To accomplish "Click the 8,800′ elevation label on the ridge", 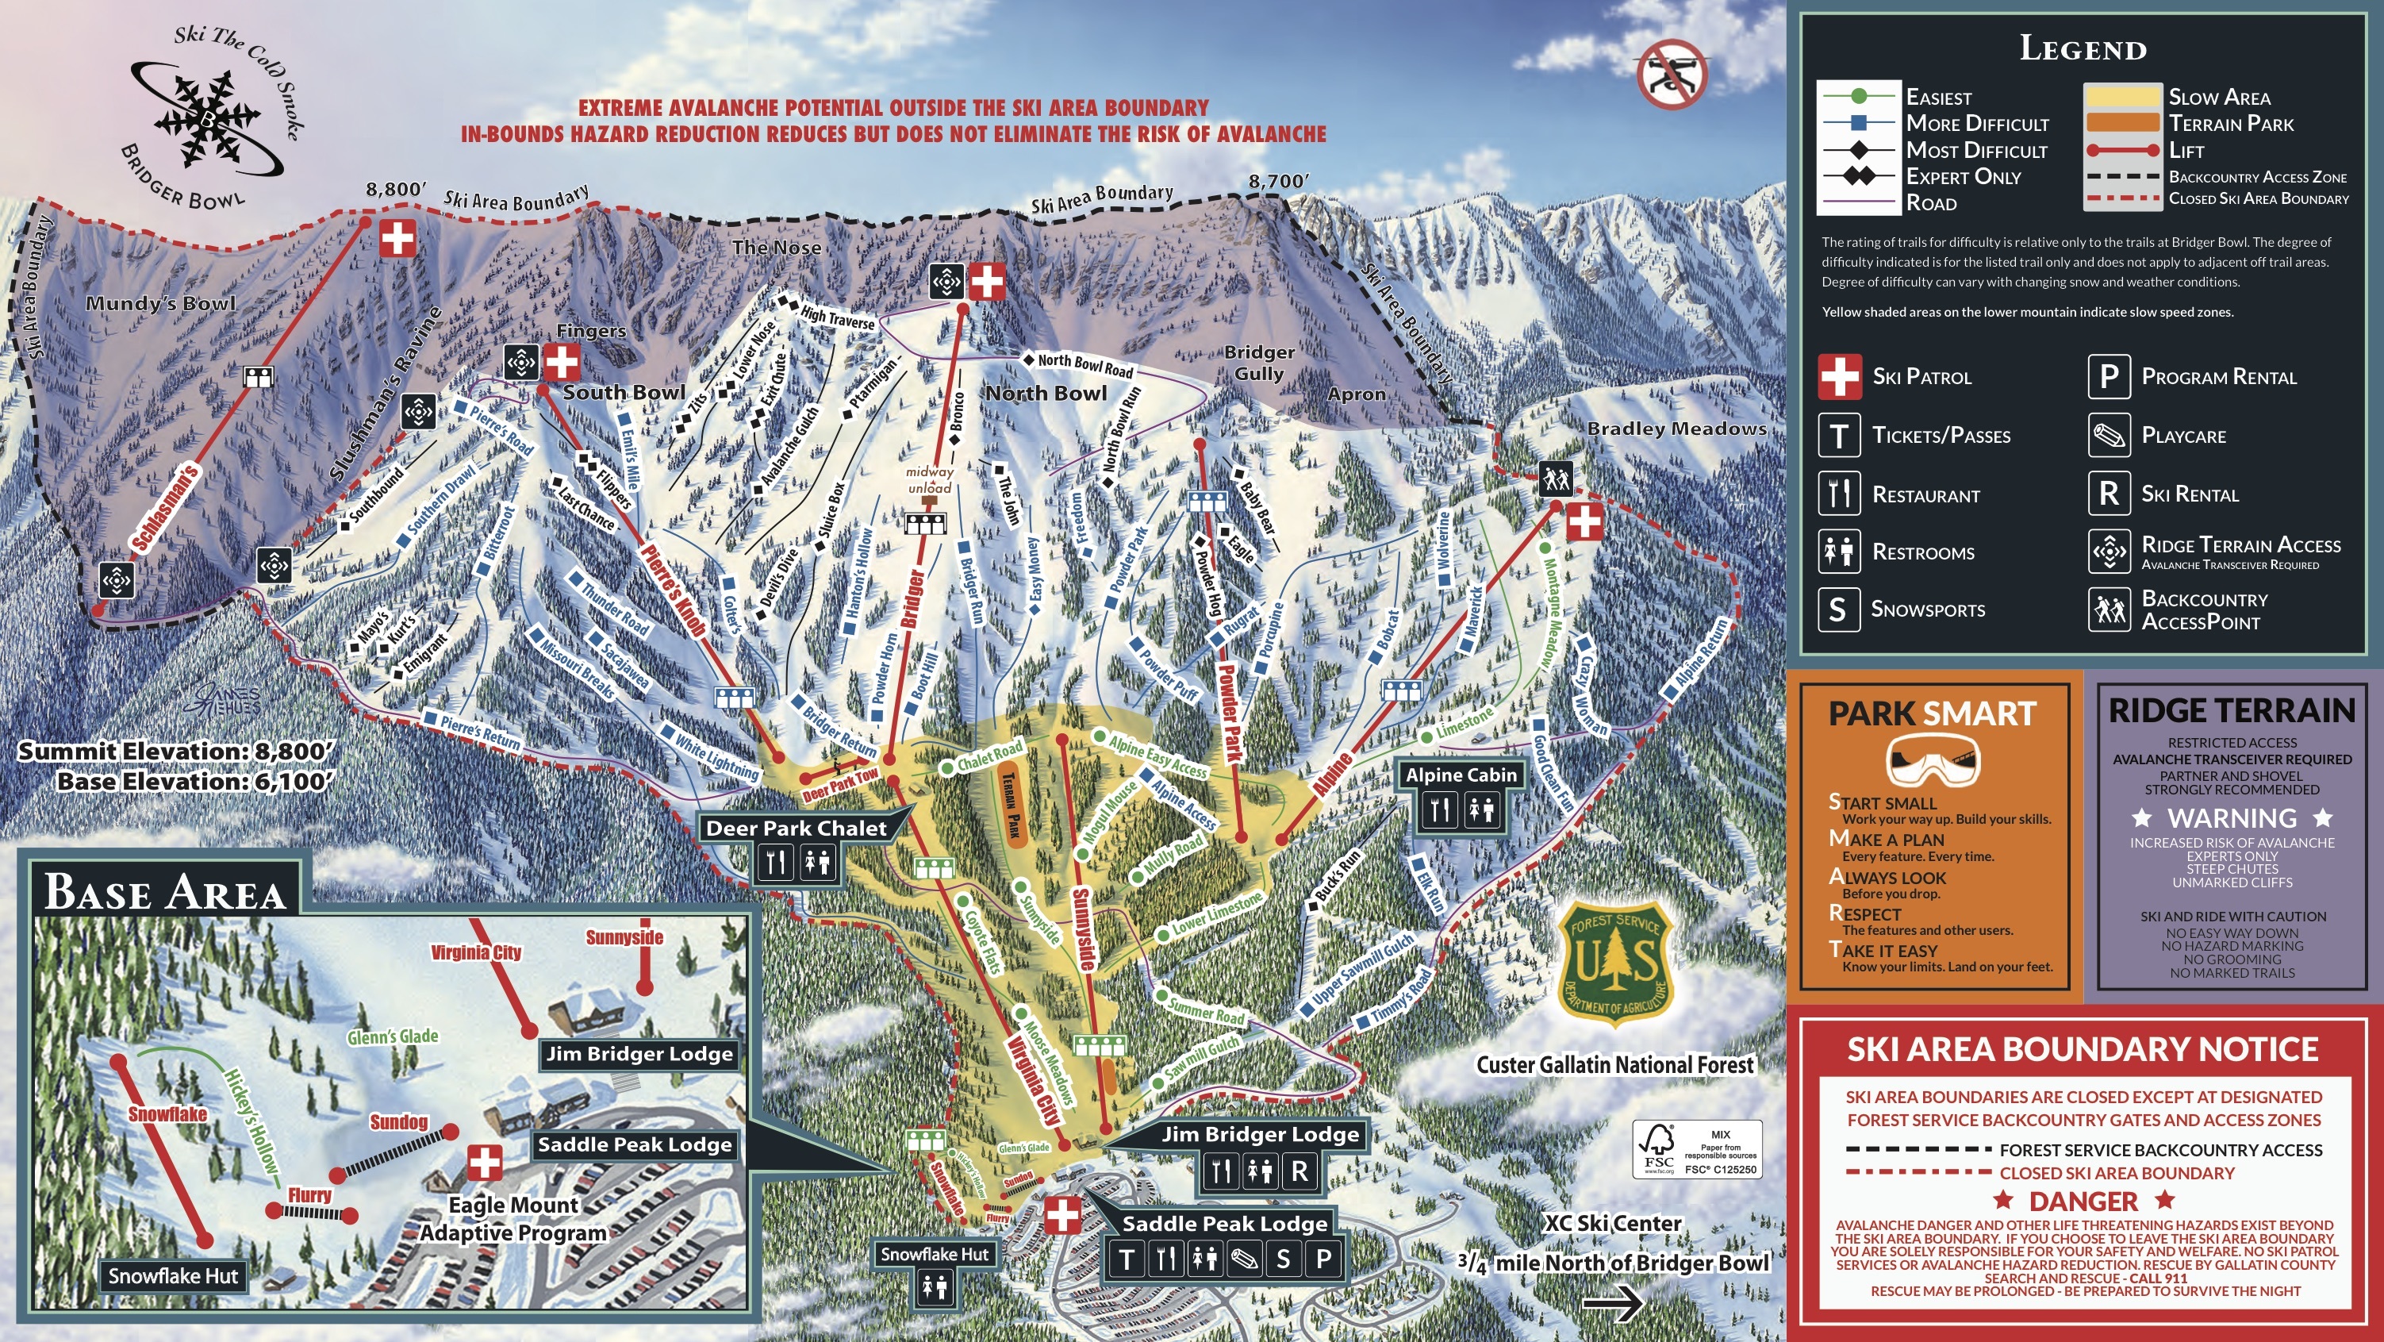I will pos(395,190).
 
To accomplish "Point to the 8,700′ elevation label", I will pos(1278,182).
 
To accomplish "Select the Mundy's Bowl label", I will pos(160,304).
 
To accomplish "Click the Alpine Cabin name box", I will pos(1461,775).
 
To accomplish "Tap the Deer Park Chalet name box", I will pos(796,829).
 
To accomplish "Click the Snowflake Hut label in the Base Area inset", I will pos(173,1276).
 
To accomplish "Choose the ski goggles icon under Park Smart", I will pos(1933,761).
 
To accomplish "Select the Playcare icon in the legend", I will pos(2110,436).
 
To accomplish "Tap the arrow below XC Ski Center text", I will pos(1612,1303).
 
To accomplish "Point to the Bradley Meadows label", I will pos(1677,429).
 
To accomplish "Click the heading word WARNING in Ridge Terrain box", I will pos(2232,818).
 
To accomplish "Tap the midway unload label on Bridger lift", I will pos(929,480).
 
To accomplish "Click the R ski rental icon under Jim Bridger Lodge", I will pos(1299,1171).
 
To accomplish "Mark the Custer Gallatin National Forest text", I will pos(1614,1065).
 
